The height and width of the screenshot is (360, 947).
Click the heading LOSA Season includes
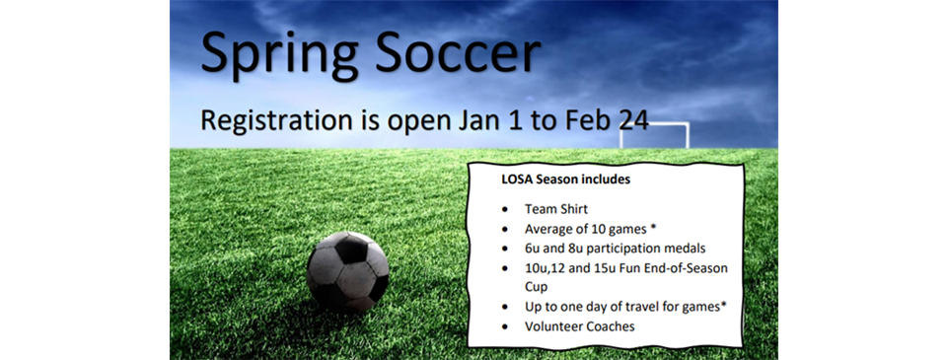pyautogui.click(x=566, y=180)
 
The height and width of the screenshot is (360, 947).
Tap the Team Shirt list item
pyautogui.click(x=557, y=210)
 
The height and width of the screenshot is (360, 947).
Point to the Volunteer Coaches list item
pyautogui.click(x=580, y=325)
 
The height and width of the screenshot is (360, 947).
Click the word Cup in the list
pyautogui.click(x=537, y=287)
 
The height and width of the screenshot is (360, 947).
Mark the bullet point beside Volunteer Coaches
pyautogui.click(x=506, y=326)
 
